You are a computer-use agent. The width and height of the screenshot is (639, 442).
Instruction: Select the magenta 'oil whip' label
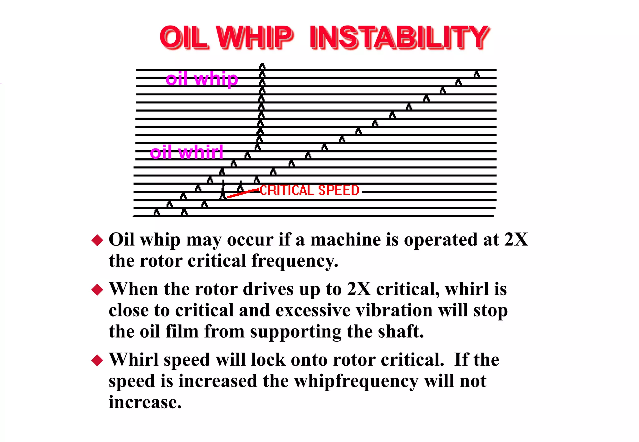pyautogui.click(x=202, y=79)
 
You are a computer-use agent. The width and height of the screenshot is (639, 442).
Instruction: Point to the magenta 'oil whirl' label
pyautogui.click(x=186, y=152)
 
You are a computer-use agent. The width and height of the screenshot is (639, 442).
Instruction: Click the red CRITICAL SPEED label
pyautogui.click(x=310, y=190)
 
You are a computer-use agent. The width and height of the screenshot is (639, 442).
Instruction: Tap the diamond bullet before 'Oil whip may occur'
pyautogui.click(x=97, y=240)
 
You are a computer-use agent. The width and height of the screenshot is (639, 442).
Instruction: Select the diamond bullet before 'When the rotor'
pyautogui.click(x=97, y=290)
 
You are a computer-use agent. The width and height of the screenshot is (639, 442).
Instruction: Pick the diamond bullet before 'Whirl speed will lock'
pyautogui.click(x=97, y=360)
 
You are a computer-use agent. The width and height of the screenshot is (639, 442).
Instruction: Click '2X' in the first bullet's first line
pyautogui.click(x=516, y=240)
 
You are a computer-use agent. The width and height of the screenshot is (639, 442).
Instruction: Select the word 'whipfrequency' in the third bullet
pyautogui.click(x=356, y=381)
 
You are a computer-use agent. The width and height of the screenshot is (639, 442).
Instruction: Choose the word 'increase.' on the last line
pyautogui.click(x=145, y=402)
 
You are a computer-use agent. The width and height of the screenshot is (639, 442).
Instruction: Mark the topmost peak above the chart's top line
pyautogui.click(x=262, y=66)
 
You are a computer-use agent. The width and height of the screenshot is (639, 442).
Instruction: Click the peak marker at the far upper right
pyautogui.click(x=476, y=74)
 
